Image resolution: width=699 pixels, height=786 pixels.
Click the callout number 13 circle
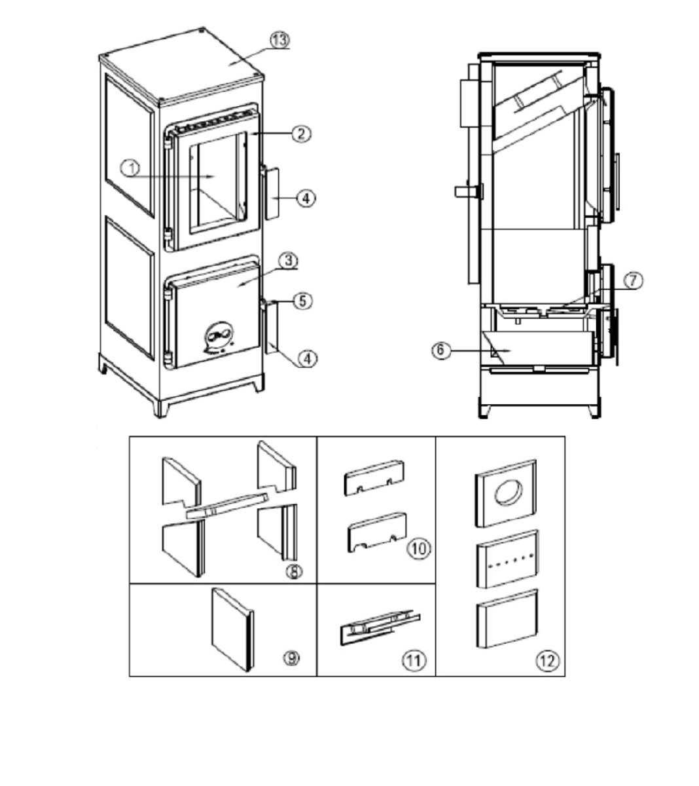280,40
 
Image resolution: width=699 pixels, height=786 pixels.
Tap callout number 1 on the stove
131,169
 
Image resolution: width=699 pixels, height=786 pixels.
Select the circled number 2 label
301,134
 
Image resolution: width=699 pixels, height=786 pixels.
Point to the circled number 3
288,261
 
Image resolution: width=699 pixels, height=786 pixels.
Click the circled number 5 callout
302,301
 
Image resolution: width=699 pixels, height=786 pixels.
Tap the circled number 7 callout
632,280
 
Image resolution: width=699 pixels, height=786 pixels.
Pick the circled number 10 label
419,548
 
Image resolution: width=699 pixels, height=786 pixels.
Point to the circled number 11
414,660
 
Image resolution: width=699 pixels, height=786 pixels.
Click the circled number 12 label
547,660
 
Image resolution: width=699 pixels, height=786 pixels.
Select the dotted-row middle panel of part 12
507,559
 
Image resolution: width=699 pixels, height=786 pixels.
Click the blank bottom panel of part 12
507,620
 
